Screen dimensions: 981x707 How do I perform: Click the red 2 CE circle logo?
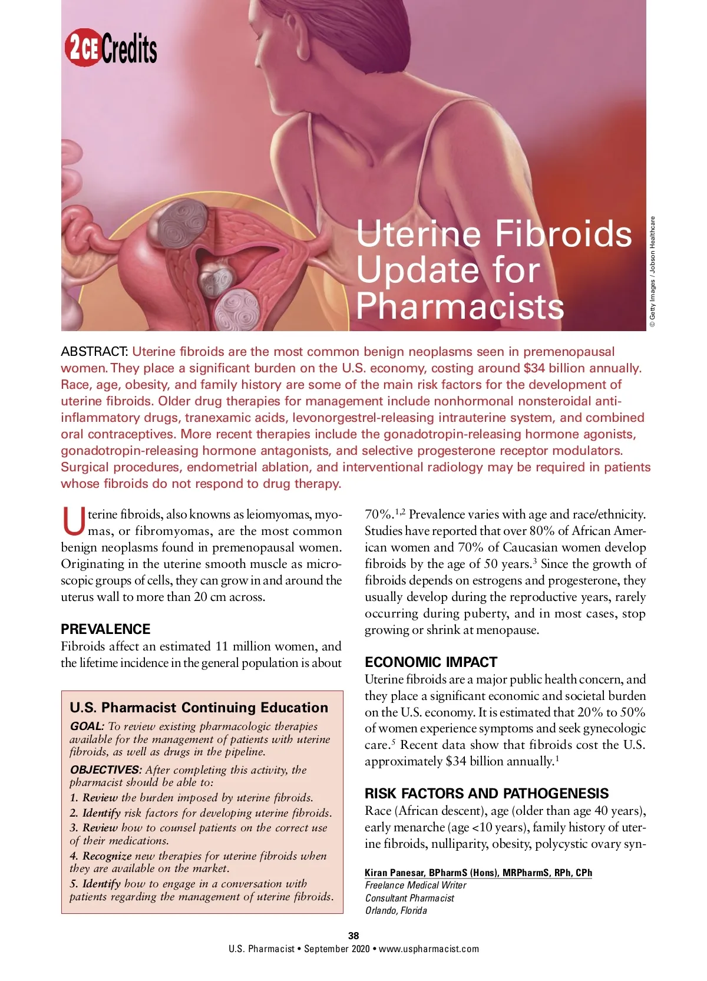coord(82,48)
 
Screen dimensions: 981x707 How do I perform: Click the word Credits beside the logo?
coord(129,49)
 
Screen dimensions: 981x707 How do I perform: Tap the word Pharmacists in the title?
coord(460,306)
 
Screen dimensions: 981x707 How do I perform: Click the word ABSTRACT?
coord(94,352)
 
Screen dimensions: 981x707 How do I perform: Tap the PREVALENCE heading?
coord(105,629)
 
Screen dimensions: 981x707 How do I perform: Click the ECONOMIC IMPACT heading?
coord(431,662)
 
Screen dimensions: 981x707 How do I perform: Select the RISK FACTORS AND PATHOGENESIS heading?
coord(487,793)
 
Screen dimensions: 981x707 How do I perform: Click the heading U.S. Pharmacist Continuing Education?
coord(199,708)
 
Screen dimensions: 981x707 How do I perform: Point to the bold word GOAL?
coord(87,726)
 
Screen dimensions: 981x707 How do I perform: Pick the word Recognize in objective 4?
coord(107,856)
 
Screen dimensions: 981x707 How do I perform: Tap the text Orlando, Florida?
coord(396,910)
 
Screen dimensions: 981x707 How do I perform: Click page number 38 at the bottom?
coord(353,936)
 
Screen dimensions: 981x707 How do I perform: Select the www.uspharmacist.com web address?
coord(429,949)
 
